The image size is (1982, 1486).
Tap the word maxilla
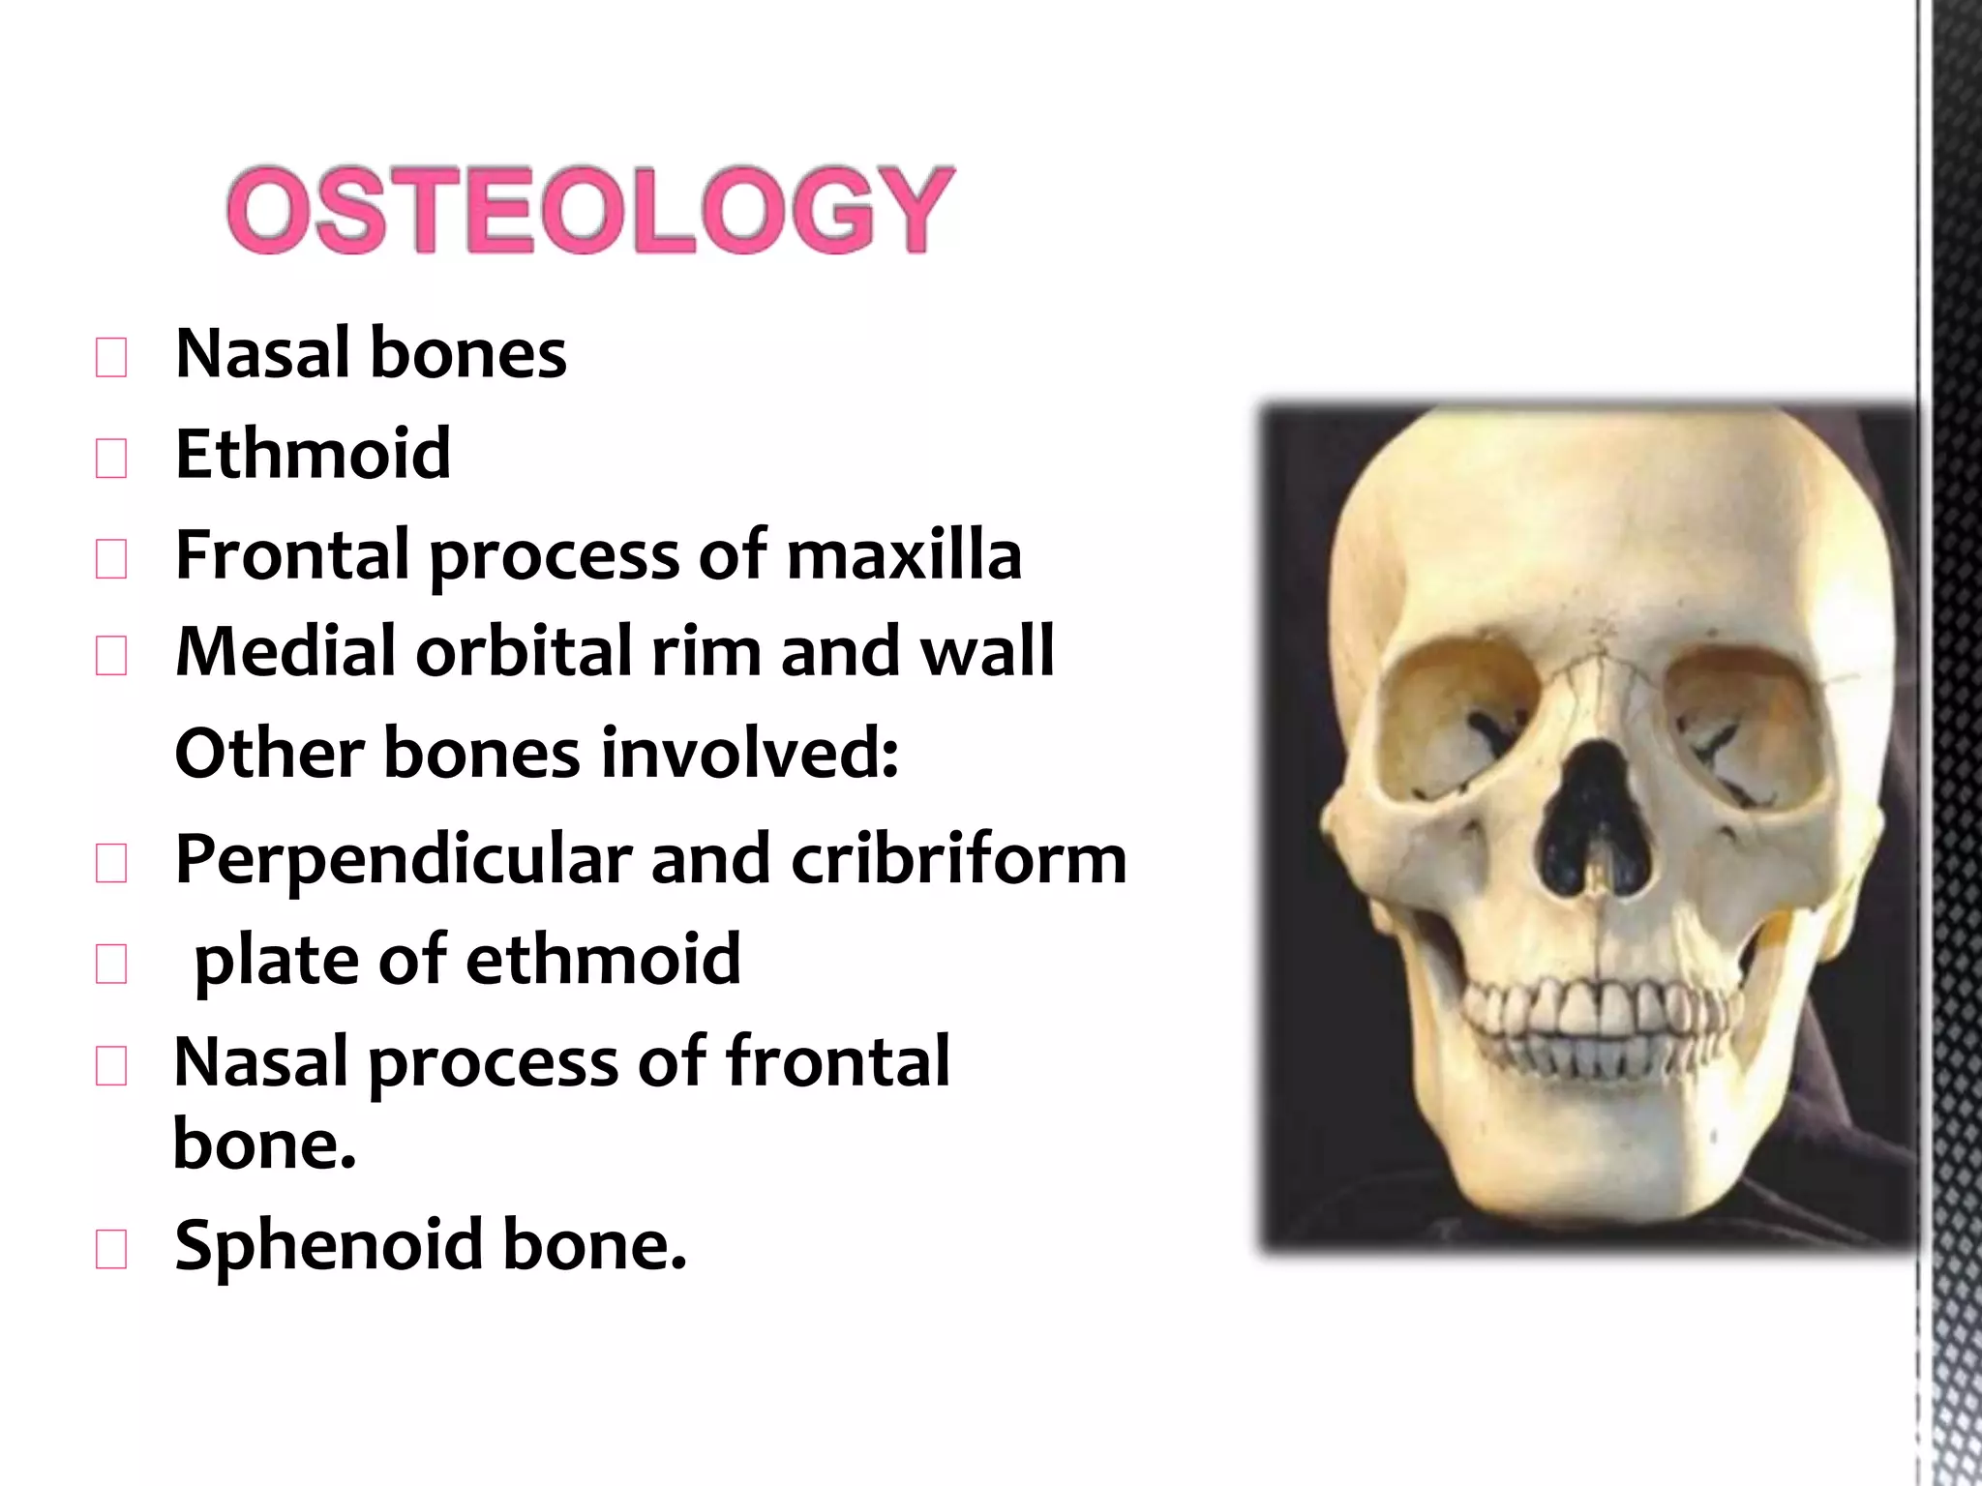click(904, 554)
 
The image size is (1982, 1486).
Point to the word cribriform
click(958, 858)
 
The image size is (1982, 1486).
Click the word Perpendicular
click(403, 860)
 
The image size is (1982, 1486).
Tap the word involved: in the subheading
click(750, 753)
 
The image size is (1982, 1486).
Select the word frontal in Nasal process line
click(837, 1060)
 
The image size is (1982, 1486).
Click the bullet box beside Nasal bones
click(111, 358)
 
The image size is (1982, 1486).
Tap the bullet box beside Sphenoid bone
click(111, 1249)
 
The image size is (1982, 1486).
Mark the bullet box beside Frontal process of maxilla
click(111, 559)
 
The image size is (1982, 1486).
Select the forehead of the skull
click(1587, 522)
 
